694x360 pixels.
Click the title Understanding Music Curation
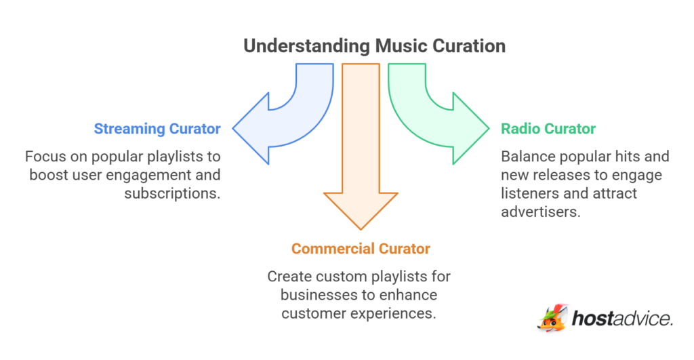click(x=374, y=46)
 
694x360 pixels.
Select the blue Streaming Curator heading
click(x=158, y=129)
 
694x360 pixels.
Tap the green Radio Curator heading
click(x=548, y=129)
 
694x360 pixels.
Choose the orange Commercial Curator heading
click(x=361, y=249)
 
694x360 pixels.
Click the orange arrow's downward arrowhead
click(x=361, y=210)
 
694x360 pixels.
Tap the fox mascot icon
click(x=553, y=318)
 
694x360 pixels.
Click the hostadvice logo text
click(x=622, y=318)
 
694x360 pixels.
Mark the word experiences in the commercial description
click(x=399, y=314)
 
